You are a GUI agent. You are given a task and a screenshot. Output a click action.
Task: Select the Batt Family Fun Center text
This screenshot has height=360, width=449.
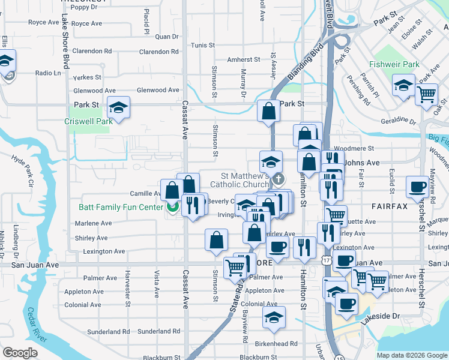click(x=121, y=208)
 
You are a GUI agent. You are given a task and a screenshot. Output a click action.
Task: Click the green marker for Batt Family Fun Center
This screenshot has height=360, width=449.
click(x=172, y=208)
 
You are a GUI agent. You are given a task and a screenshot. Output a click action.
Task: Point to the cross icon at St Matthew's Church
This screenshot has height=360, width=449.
click(x=278, y=179)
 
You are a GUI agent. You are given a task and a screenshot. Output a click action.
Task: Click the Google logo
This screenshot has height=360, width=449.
click(x=20, y=352)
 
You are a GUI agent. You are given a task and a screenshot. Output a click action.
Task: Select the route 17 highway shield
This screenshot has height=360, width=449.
click(x=326, y=260)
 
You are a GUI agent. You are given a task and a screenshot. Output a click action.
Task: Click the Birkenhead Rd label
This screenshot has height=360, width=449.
click(x=276, y=344)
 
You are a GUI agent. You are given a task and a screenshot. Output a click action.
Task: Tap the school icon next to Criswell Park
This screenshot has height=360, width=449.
click(x=118, y=108)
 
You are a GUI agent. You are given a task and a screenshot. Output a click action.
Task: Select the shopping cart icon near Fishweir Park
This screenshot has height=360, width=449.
click(x=426, y=94)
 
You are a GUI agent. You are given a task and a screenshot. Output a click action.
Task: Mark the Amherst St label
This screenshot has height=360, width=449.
click(x=244, y=60)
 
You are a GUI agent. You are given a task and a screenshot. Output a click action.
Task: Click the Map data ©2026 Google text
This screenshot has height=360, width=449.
click(x=412, y=355)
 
